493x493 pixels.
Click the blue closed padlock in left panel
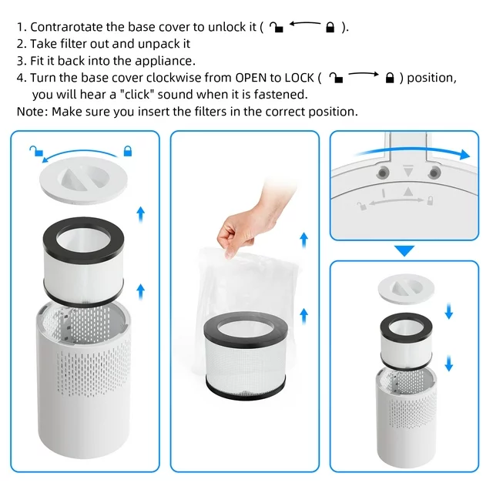(x=128, y=150)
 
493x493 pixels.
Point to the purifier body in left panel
(x=84, y=385)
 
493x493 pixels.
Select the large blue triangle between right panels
(x=404, y=250)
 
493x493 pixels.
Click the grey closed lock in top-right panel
(x=431, y=203)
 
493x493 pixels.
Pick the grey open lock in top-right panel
(x=361, y=205)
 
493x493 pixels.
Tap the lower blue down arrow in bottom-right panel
(x=449, y=362)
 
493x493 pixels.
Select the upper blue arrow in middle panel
(x=304, y=238)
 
